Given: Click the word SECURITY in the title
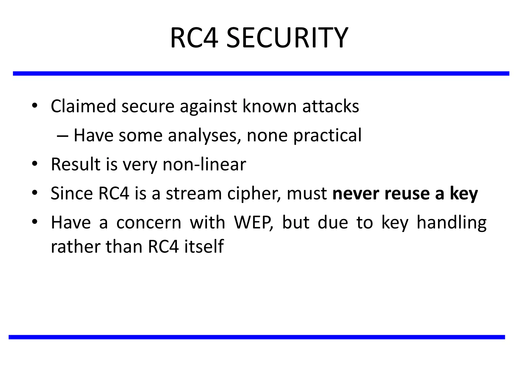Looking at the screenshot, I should pos(287,38).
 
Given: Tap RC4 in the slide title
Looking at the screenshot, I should pos(194,38).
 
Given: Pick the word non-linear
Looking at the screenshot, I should pos(204,164).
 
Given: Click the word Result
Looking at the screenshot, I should pos(75,164).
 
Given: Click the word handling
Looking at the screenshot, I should pos(451,223).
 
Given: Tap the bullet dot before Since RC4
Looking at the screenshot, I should pos(35,193).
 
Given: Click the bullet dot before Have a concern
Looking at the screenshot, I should pos(35,222).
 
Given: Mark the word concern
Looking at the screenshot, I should pos(149,223).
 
